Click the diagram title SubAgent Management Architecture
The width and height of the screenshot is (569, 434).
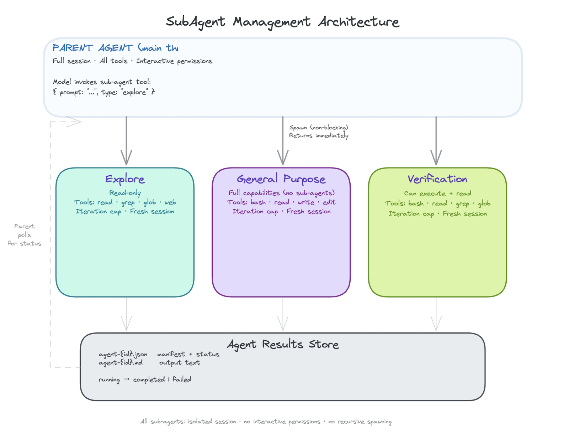point(282,22)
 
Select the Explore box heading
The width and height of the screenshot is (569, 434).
point(125,179)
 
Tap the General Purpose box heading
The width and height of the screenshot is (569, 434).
point(281,179)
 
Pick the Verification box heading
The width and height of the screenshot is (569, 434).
point(437,179)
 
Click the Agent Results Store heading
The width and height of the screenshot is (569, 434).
point(283,344)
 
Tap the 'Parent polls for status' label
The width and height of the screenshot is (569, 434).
point(25,235)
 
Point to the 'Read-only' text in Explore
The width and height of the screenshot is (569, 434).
point(125,193)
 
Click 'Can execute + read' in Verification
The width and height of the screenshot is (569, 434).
point(437,193)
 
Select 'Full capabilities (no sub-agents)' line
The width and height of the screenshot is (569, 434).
point(281,193)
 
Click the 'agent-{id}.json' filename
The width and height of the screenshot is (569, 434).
point(123,354)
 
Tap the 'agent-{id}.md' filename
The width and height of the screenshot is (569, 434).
point(121,363)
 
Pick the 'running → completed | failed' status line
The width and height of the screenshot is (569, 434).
point(145,379)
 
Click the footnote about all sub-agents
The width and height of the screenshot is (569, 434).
point(266,422)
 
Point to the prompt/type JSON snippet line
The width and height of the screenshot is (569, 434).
point(103,92)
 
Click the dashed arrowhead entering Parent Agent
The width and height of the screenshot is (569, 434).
point(74,122)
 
